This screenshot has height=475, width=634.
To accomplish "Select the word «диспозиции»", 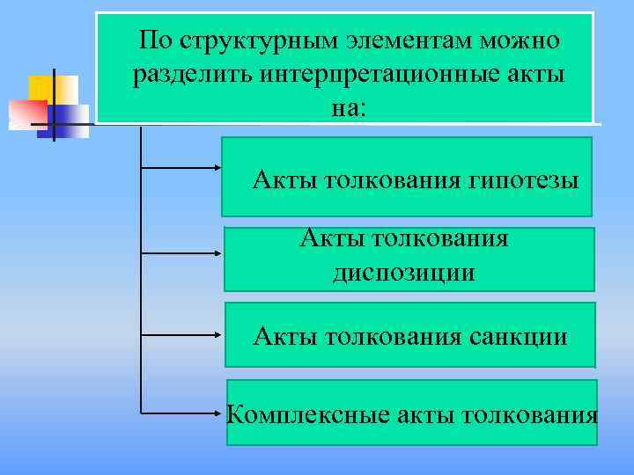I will pos(404,273).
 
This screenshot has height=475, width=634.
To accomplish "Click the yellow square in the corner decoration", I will pos(41,87).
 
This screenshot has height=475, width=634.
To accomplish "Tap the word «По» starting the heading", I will pos(157,40).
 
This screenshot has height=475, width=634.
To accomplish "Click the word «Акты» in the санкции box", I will pos(286,336).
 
